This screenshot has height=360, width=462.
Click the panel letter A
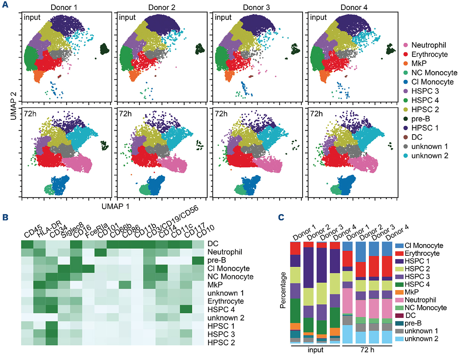5,6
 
